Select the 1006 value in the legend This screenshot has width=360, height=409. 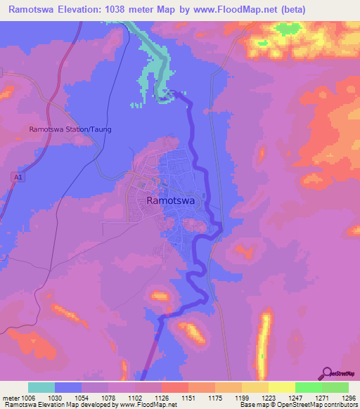coord(28,398)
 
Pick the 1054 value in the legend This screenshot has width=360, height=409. coord(82,398)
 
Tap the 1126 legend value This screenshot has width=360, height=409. coord(162,398)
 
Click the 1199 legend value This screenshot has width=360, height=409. coord(242,398)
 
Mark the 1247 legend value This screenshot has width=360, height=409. coord(295,398)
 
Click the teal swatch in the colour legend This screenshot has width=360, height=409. coord(41,387)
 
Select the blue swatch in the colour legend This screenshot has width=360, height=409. coord(68,387)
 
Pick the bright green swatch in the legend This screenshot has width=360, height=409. coord(308,387)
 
